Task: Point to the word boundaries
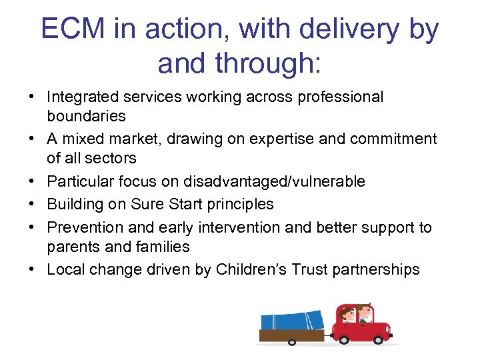click(86, 116)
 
